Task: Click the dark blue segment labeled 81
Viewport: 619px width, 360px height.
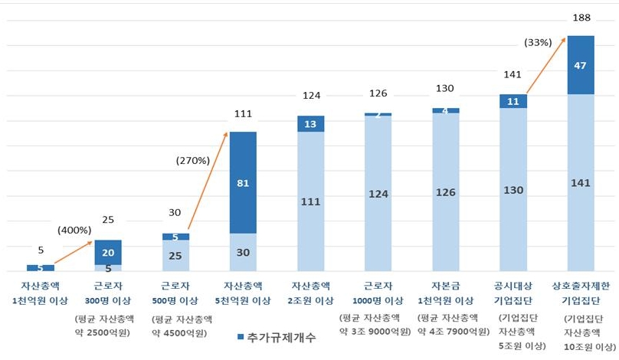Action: point(244,182)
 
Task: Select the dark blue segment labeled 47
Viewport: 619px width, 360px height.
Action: point(581,65)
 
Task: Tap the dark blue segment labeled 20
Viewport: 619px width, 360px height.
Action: point(108,252)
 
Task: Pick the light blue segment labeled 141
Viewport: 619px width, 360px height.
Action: point(581,182)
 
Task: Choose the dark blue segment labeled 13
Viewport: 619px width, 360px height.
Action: point(311,123)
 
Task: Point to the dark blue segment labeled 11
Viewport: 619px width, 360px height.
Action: point(513,101)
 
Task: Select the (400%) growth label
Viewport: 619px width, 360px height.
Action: point(74,230)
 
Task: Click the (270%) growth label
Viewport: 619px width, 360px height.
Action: point(192,161)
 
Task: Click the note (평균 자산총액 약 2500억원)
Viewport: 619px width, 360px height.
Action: point(108,326)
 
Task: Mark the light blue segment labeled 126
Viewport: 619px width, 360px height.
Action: point(446,193)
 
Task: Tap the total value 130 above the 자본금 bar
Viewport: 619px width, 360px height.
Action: point(446,89)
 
